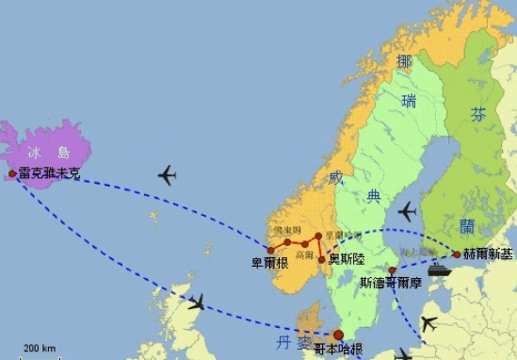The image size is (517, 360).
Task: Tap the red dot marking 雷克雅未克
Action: tap(12, 173)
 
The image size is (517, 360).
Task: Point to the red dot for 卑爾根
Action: tap(270, 250)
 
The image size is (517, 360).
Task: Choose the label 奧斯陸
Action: tap(347, 257)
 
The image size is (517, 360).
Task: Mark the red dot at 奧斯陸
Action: tap(321, 258)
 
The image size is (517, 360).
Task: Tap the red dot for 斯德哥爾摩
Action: tap(392, 270)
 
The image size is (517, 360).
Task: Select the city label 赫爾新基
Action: tap(487, 254)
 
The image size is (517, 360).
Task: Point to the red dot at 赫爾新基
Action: tap(457, 254)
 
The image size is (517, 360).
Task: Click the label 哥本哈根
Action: tap(338, 349)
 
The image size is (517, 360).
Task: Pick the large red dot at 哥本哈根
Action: tap(338, 335)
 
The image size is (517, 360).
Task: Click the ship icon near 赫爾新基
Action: tap(440, 268)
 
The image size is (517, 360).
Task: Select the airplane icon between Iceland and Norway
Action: tap(168, 175)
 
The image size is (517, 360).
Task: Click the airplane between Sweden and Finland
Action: tap(407, 212)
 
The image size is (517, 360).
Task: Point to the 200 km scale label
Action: tap(39, 348)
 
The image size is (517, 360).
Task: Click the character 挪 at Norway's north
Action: tap(405, 62)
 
